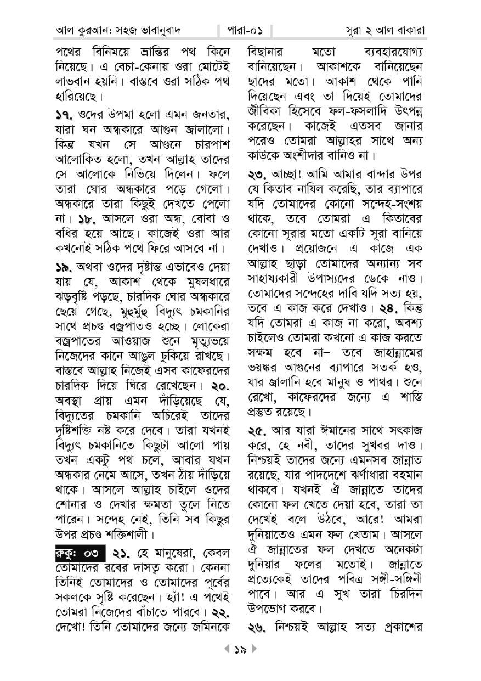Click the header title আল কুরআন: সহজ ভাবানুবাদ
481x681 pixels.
coord(118,30)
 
